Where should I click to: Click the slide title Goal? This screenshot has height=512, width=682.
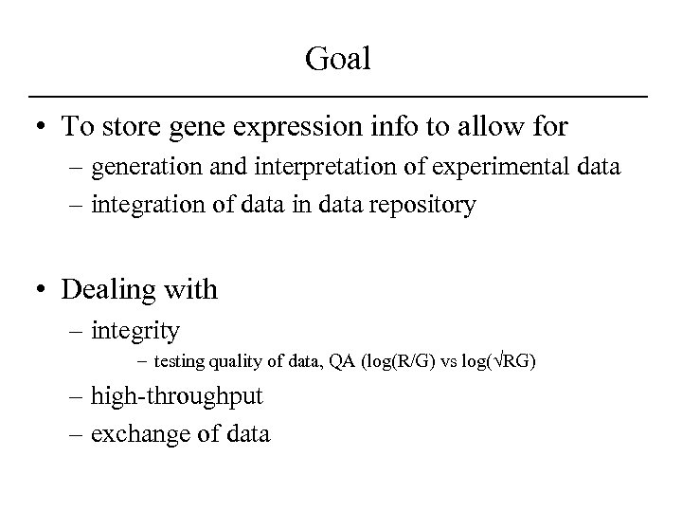coord(339,60)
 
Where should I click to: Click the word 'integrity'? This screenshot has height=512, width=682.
coord(135,331)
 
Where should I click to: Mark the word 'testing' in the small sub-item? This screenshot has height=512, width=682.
coord(180,363)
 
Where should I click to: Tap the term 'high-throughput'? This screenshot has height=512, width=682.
coord(177,396)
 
